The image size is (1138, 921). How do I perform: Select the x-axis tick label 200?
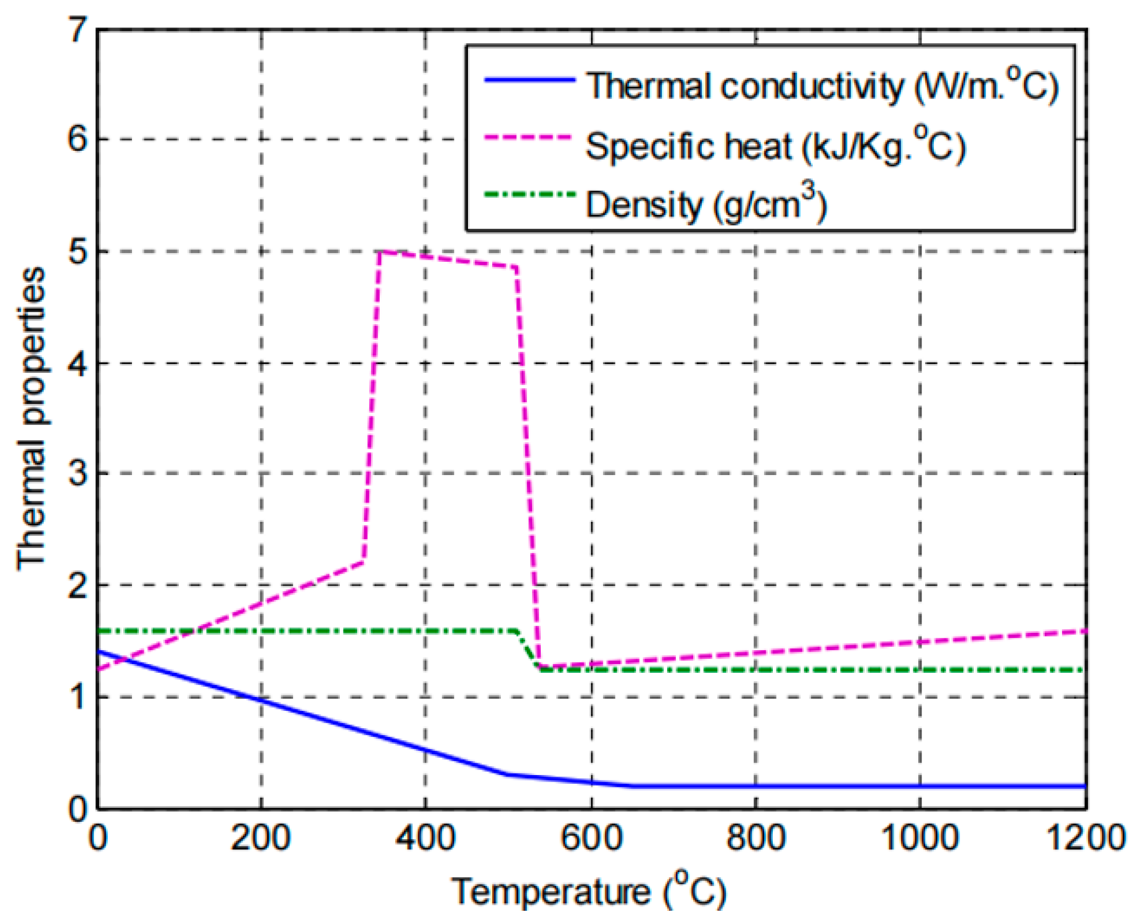261,839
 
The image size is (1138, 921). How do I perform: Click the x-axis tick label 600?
591,839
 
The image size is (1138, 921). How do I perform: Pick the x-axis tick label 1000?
919,839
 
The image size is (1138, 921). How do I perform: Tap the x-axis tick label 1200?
1085,839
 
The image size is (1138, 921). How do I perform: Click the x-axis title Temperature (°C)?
588,891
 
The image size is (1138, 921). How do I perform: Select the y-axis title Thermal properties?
31,418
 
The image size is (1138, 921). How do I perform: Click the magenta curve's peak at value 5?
380,252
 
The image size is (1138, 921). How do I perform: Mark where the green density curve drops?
528,649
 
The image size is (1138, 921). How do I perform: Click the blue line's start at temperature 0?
99,652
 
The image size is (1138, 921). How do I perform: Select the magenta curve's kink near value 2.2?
364,562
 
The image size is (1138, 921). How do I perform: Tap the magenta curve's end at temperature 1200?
1085,631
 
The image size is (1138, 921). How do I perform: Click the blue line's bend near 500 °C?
507,775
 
